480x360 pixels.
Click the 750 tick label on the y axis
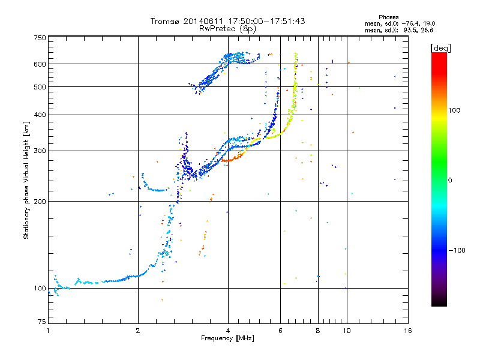(x=40, y=38)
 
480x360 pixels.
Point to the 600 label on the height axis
(x=40, y=64)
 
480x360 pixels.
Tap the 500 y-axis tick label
(x=40, y=87)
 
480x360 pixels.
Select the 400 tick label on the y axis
(x=40, y=115)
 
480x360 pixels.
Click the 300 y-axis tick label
(x=40, y=151)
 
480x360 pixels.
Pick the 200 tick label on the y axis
(x=40, y=202)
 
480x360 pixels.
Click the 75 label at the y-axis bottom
(x=42, y=322)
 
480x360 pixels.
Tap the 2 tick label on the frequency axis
(x=138, y=331)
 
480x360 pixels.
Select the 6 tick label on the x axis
(x=280, y=331)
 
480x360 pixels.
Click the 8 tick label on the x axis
(x=318, y=331)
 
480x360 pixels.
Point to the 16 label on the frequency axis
(x=408, y=331)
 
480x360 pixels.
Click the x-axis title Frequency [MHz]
(x=227, y=338)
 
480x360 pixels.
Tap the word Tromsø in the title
(x=165, y=21)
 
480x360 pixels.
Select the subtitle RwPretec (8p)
(x=227, y=29)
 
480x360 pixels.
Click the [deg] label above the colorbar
(x=440, y=49)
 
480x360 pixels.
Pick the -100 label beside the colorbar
(x=457, y=250)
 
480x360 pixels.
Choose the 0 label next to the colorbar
(x=450, y=181)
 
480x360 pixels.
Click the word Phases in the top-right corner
(x=388, y=17)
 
